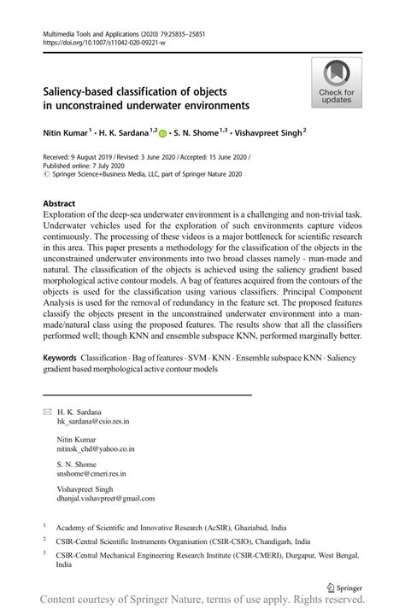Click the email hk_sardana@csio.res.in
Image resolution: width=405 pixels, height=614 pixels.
94,422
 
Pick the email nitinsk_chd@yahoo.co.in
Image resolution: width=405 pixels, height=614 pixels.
95,447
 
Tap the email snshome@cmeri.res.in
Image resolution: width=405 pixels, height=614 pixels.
91,472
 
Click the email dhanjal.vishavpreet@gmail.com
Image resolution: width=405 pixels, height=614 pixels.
106,498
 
